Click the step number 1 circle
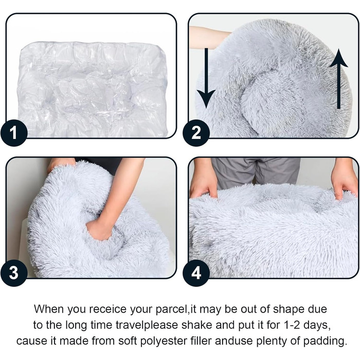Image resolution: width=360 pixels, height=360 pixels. point(14,133)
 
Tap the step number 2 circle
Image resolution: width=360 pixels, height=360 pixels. point(196,133)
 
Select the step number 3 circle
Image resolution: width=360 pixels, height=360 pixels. point(14,273)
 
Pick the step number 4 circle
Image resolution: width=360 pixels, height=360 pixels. point(196,273)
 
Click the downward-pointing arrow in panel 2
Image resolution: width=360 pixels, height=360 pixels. point(206,78)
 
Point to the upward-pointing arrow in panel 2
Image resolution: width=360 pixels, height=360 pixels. point(338,79)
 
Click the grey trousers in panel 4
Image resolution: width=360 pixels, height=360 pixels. point(256,172)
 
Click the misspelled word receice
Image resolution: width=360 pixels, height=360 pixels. point(107,309)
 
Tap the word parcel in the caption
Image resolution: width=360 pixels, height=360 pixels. point(171,310)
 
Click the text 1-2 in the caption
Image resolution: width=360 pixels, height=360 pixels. point(292,325)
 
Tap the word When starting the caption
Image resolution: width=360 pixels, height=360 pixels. point(49,309)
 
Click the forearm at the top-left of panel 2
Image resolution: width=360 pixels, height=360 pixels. point(209,37)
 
